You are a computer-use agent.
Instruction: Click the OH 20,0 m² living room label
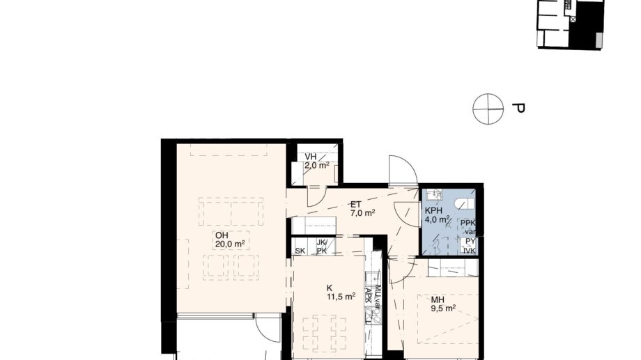pyautogui.click(x=229, y=239)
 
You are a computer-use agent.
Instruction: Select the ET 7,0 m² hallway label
pyautogui.click(x=362, y=209)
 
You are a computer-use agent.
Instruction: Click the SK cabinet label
pyautogui.click(x=301, y=251)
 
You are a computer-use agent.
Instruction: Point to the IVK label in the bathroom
pyautogui.click(x=470, y=250)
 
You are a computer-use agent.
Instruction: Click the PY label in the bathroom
pyautogui.click(x=470, y=241)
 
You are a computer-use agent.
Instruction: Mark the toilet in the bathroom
pyautogui.click(x=463, y=202)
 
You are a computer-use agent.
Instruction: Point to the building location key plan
pyautogui.click(x=569, y=24)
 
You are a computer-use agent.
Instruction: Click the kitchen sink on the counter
pyautogui.click(x=375, y=317)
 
